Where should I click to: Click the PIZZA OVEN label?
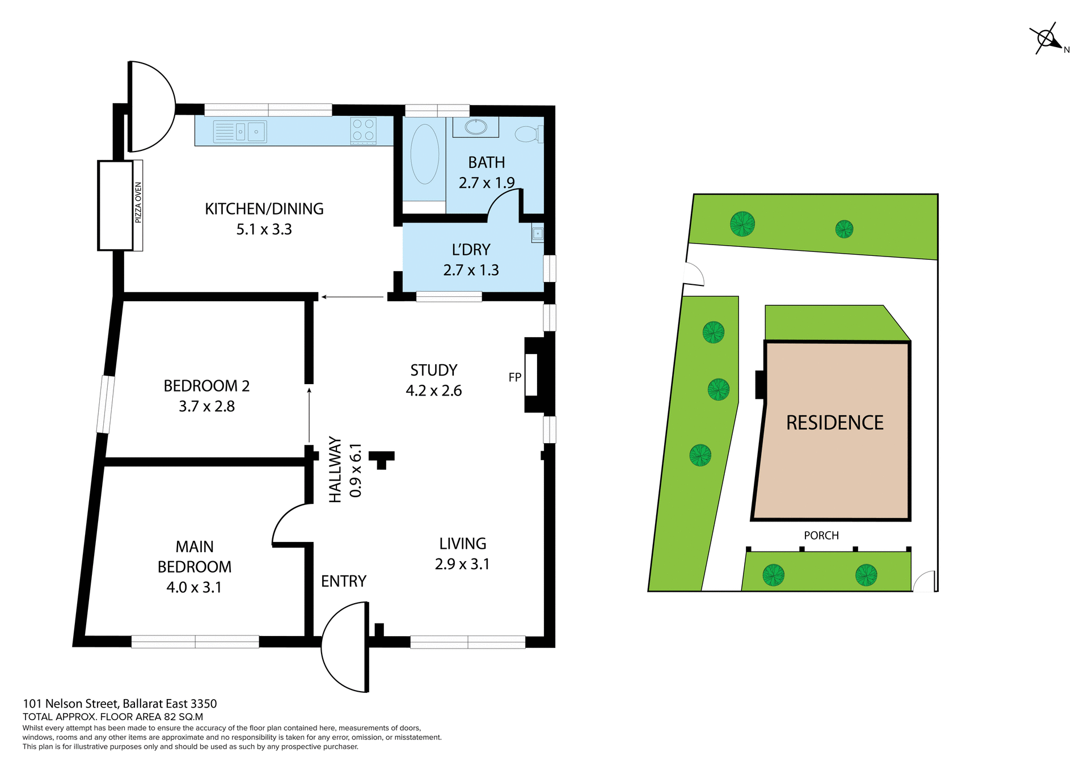138,203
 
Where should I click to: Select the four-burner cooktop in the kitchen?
363,129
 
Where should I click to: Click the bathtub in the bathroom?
424,154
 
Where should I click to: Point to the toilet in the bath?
527,134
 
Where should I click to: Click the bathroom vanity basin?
475,127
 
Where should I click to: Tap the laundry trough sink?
537,233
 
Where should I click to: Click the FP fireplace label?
514,377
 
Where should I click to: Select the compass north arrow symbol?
1048,39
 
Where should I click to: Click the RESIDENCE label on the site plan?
834,423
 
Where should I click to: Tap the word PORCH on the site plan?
821,536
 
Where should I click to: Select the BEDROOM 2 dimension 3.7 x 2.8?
206,406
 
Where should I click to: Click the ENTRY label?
343,581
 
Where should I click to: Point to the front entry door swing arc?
340,647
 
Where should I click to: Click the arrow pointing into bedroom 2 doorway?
309,414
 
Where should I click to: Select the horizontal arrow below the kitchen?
352,297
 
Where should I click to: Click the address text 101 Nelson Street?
120,704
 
